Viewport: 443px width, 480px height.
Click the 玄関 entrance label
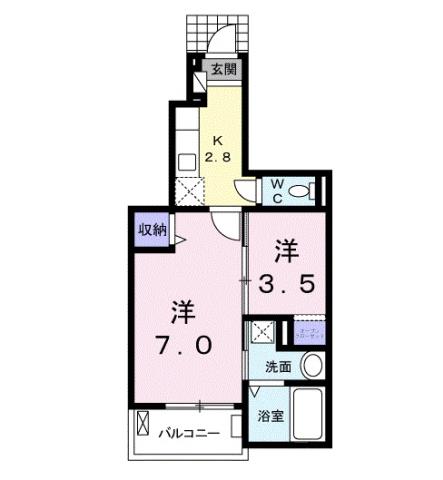[224, 70]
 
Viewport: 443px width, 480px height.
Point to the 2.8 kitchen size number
[218, 157]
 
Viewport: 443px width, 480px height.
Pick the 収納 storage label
[151, 229]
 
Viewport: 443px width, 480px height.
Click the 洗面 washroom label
[277, 367]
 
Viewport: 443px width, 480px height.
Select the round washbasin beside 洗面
[313, 366]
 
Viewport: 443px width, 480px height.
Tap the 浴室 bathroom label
[271, 416]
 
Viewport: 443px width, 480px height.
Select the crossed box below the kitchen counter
[187, 190]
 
